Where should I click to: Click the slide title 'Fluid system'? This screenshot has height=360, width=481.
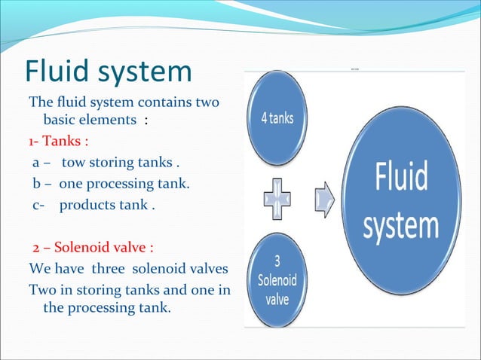[109, 72]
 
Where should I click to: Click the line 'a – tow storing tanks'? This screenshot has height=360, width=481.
[106, 162]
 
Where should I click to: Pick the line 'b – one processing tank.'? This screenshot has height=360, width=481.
[111, 183]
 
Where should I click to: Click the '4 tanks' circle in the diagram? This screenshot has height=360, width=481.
[278, 118]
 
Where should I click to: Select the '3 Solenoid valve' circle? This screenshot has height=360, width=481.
[277, 279]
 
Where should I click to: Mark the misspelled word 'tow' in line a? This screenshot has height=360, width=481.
[73, 162]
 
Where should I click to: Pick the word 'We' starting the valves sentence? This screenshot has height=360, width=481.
[39, 268]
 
